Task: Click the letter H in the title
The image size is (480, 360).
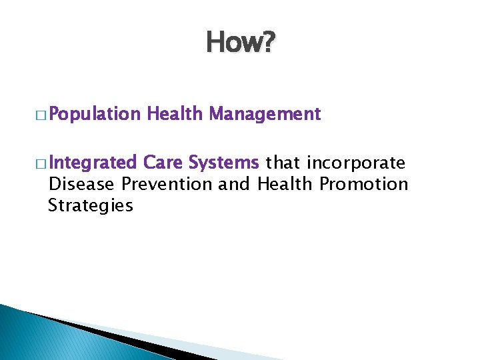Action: coord(216,43)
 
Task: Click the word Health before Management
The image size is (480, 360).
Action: coord(175,115)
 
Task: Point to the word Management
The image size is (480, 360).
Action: coord(265,115)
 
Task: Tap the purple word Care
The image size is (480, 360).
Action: coord(163,163)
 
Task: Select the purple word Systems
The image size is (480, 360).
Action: coord(223,163)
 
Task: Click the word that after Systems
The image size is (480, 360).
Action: coord(283,163)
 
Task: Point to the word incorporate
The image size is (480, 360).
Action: coord(356,163)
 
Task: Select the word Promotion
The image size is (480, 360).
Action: coord(364,184)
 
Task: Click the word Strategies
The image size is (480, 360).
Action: coord(91,206)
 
